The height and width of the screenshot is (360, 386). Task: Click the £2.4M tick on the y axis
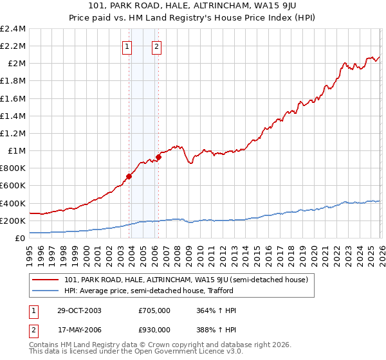(x=13, y=29)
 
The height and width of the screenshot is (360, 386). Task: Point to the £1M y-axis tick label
(x=15, y=151)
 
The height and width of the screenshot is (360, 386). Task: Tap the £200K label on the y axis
(x=13, y=221)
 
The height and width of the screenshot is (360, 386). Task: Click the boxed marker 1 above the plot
(x=127, y=46)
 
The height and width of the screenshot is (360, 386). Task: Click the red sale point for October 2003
(x=129, y=176)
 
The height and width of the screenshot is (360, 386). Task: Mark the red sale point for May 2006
(x=158, y=157)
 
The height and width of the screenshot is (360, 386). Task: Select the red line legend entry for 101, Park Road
(x=187, y=280)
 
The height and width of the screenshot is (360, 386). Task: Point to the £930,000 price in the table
(x=154, y=329)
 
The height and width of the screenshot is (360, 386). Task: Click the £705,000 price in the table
(x=154, y=310)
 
